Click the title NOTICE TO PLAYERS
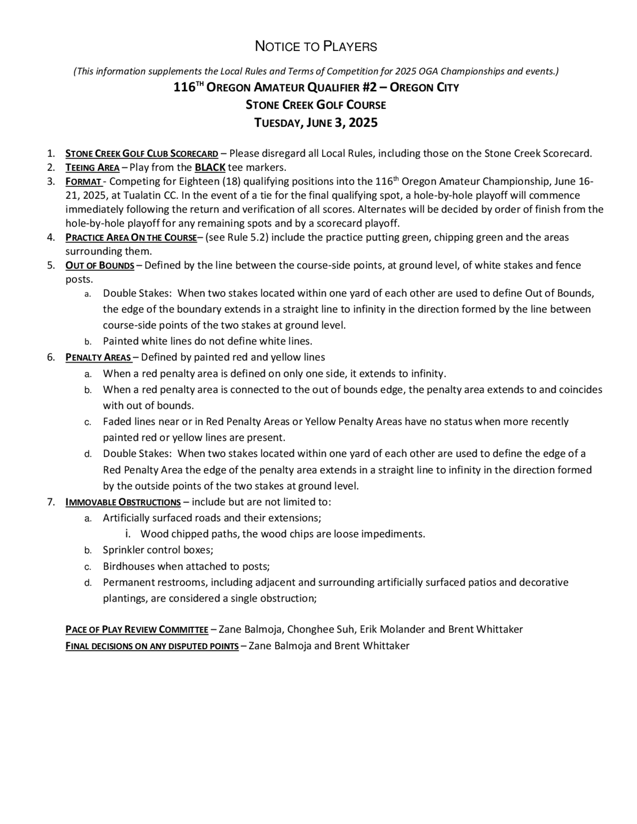tap(316, 46)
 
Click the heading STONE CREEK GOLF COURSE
tap(316, 105)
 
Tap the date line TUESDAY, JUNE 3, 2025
tap(316, 123)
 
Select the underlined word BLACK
tap(210, 167)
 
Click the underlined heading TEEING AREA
tap(92, 167)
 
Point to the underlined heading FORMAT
tap(83, 181)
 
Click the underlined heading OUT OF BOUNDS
tap(100, 266)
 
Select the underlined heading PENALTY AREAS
tap(98, 357)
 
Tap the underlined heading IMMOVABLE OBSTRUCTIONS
tap(123, 502)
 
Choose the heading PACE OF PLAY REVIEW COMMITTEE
tap(137, 630)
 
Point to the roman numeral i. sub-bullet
tap(128, 534)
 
